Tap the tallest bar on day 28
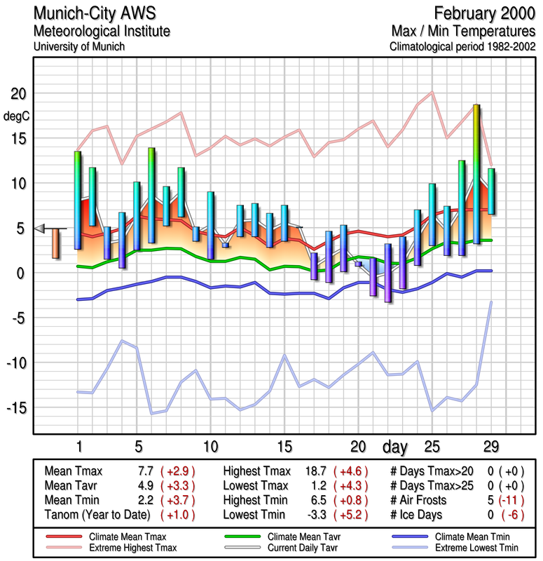tap(476, 174)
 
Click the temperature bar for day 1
tap(77, 200)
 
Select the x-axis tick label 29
tap(491, 447)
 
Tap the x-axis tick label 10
tap(209, 447)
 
